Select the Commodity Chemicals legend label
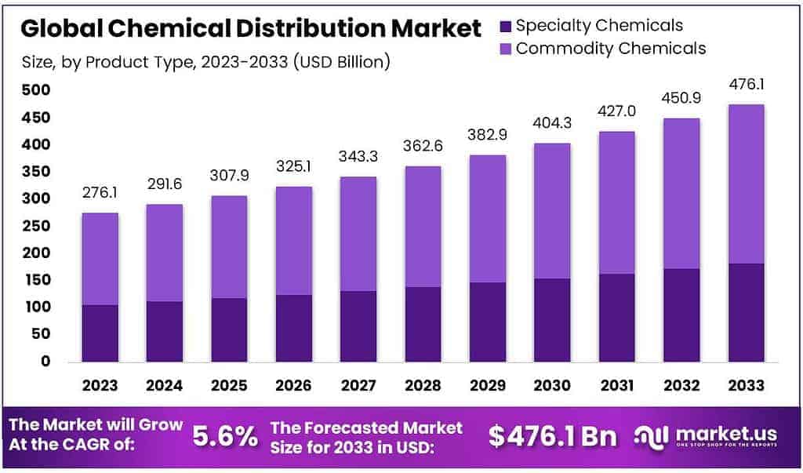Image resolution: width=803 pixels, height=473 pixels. click(x=611, y=49)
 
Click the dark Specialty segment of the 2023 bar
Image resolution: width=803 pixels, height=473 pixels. click(x=100, y=333)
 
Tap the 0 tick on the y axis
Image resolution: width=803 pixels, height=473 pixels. click(x=45, y=361)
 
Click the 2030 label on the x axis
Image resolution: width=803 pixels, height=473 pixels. click(x=551, y=386)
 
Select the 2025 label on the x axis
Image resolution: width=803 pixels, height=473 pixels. click(x=229, y=386)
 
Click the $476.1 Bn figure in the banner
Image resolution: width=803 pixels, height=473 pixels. click(x=552, y=436)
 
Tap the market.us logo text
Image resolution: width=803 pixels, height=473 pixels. click(x=718, y=433)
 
